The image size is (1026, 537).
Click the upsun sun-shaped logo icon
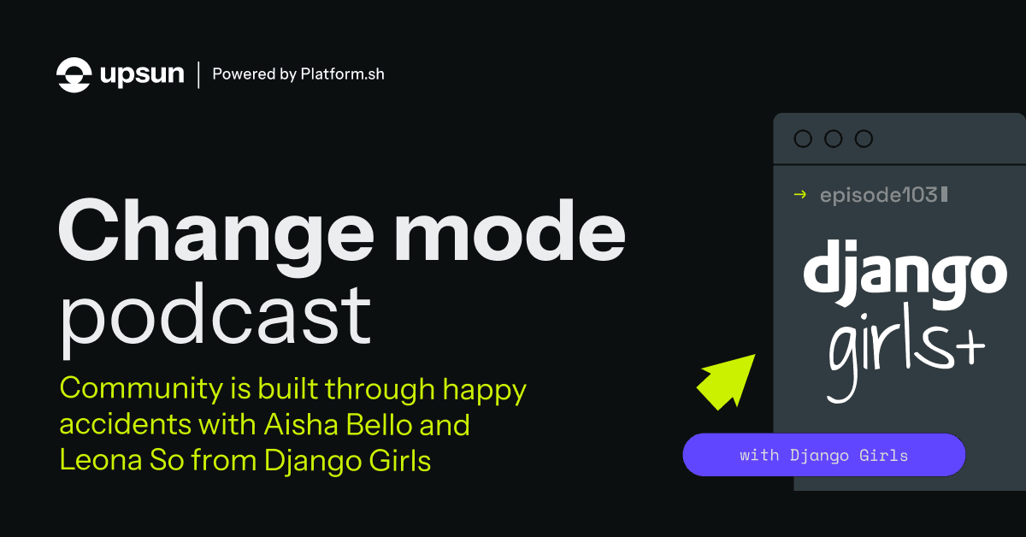click(74, 74)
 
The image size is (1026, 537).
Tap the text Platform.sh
click(342, 74)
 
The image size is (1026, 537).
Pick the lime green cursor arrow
click(725, 380)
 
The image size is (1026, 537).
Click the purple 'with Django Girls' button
click(823, 455)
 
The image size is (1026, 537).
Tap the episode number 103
click(920, 195)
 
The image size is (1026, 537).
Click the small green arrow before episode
click(800, 195)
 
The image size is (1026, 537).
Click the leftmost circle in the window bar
click(803, 139)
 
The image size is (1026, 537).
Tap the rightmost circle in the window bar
click(864, 139)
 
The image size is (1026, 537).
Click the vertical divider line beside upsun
click(199, 74)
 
